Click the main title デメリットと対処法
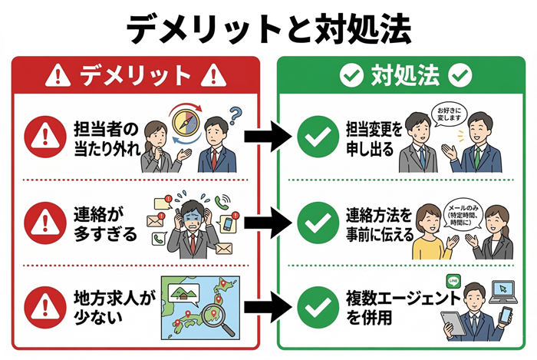pos(268,28)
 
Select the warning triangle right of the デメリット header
pos(216,76)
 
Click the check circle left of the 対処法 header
pos(351,76)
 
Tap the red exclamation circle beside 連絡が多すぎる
pos(41,223)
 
